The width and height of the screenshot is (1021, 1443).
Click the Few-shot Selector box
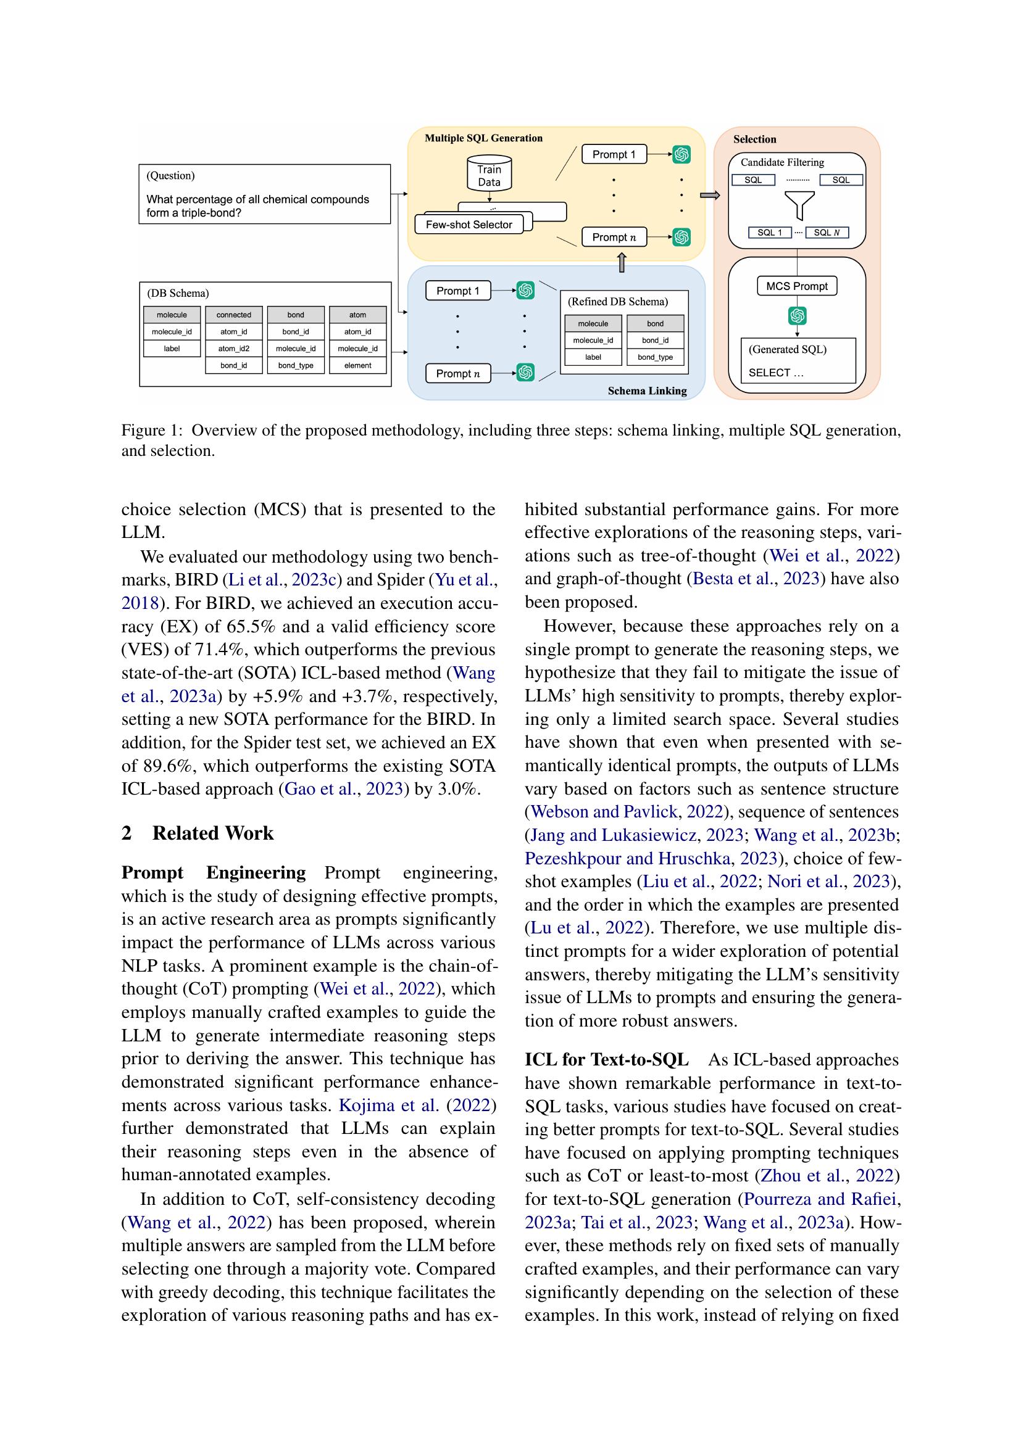tap(469, 225)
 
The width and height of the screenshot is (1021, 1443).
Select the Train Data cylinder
tap(489, 175)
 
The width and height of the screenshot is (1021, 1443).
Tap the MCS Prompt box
tap(796, 286)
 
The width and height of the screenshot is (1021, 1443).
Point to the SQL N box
tap(827, 233)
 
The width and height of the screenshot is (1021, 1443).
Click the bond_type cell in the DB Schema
tap(296, 365)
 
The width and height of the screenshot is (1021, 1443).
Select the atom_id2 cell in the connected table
tap(234, 348)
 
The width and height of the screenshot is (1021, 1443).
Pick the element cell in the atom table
tap(358, 365)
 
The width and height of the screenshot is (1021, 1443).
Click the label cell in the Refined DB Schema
tap(593, 357)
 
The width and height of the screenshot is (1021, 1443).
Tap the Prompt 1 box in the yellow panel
tap(614, 155)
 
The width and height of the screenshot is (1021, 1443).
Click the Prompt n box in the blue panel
tap(457, 373)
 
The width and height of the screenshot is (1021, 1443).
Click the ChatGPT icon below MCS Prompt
tap(797, 315)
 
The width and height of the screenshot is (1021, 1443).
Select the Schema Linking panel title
tap(647, 391)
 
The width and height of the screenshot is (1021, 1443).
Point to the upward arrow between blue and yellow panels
tap(622, 263)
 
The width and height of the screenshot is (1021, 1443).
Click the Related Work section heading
tap(212, 833)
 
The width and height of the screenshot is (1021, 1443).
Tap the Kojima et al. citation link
tap(388, 1105)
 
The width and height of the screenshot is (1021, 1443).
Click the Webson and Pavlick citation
tap(604, 811)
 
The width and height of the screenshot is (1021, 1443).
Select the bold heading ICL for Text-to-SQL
tap(607, 1060)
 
